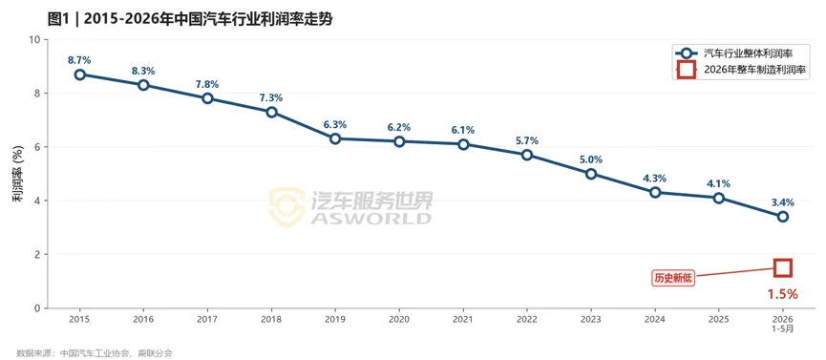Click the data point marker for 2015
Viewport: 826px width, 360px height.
[79, 74]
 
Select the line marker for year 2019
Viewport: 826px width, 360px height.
[335, 138]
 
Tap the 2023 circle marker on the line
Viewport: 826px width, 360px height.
[591, 174]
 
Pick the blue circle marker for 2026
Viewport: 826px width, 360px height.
[783, 217]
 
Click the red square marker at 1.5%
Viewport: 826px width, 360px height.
[783, 267]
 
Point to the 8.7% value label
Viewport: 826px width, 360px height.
[79, 60]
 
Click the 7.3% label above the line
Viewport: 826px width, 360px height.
[271, 98]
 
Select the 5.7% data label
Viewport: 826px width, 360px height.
[527, 140]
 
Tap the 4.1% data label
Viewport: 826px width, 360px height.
[718, 183]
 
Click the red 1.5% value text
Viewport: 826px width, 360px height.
[783, 294]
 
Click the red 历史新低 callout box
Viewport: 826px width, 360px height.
[674, 279]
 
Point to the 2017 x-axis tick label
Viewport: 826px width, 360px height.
[207, 319]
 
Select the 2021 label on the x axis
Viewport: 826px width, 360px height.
[463, 319]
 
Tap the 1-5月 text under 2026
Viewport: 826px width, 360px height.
[783, 328]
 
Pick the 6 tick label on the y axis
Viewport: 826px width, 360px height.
[36, 147]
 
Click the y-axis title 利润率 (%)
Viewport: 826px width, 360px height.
[17, 174]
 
